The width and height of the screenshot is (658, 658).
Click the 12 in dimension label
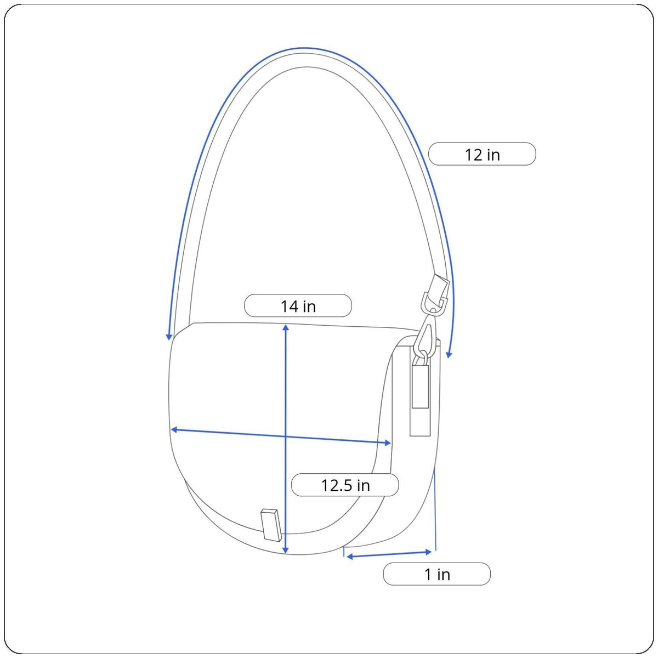click(482, 154)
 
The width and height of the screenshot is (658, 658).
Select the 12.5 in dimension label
click(345, 485)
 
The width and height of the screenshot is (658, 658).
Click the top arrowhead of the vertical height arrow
click(286, 327)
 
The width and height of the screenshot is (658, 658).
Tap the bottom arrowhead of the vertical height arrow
click(286, 551)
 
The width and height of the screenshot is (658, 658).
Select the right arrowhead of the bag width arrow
click(388, 443)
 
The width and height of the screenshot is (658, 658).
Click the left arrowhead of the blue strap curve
click(169, 337)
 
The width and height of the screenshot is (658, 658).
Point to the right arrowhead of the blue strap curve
click(449, 355)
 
